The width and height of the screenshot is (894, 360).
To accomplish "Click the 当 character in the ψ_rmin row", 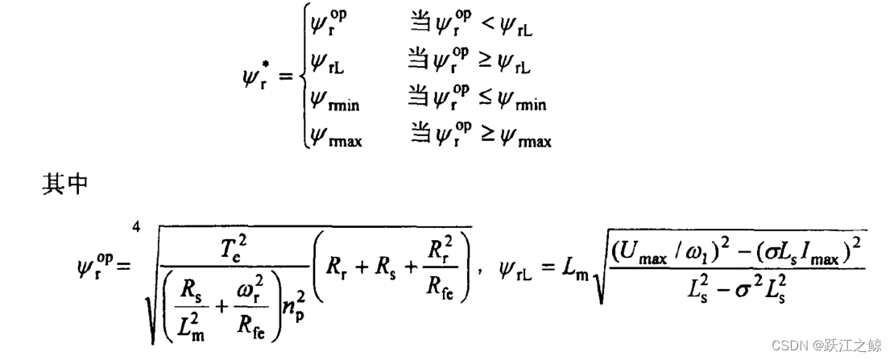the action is (420, 101).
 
